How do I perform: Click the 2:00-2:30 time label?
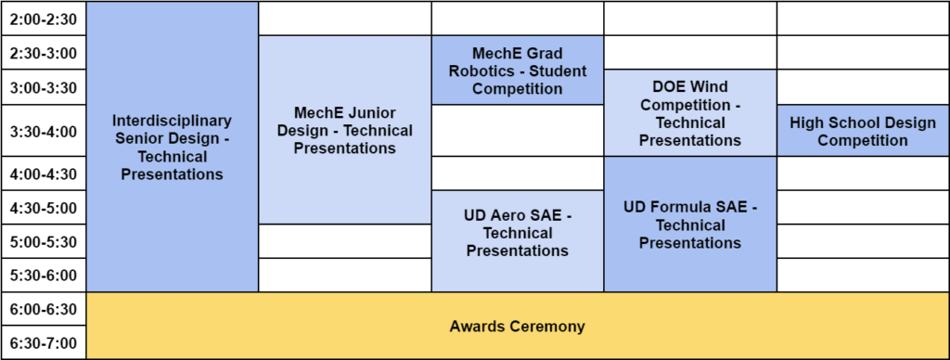click(x=44, y=19)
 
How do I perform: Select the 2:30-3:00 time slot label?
click(x=44, y=53)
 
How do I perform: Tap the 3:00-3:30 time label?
click(x=44, y=88)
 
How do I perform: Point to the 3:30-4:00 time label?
click(x=44, y=132)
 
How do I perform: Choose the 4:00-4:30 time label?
click(x=44, y=174)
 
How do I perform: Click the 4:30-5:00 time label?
click(x=44, y=209)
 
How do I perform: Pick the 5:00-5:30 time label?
click(x=44, y=242)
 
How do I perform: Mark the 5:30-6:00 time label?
click(x=44, y=276)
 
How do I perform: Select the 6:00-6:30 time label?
click(x=44, y=310)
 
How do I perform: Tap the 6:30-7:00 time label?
click(x=44, y=343)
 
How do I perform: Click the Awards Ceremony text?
click(x=518, y=327)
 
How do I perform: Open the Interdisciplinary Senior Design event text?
click(x=172, y=148)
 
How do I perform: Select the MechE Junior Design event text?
click(x=345, y=130)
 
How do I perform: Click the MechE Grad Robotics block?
click(x=518, y=71)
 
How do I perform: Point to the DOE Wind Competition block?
click(x=690, y=113)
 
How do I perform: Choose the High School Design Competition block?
click(x=863, y=130)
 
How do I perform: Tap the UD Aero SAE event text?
click(x=518, y=233)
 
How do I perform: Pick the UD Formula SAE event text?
click(x=690, y=225)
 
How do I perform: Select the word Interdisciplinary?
click(x=172, y=120)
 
